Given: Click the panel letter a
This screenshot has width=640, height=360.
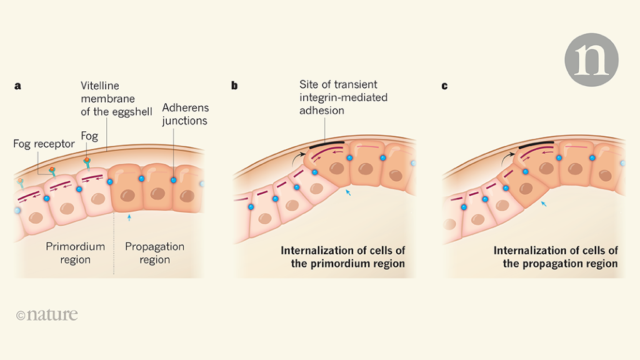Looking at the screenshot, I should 17,86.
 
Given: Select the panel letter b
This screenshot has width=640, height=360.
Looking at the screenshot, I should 234,86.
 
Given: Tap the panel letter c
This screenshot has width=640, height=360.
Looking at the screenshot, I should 444,86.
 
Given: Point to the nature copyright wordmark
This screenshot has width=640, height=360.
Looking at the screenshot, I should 47,314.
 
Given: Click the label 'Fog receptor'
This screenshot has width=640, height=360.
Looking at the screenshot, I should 44,144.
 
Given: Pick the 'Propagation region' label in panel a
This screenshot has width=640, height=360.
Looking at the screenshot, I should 154,253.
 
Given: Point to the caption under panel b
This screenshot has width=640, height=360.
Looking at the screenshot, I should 343,257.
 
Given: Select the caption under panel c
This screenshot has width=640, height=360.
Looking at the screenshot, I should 556,257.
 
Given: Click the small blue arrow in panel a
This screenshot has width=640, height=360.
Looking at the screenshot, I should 129,217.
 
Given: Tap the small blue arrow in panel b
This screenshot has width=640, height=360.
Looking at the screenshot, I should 349,194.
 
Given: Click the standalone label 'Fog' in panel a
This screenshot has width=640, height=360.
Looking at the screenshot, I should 89,136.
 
